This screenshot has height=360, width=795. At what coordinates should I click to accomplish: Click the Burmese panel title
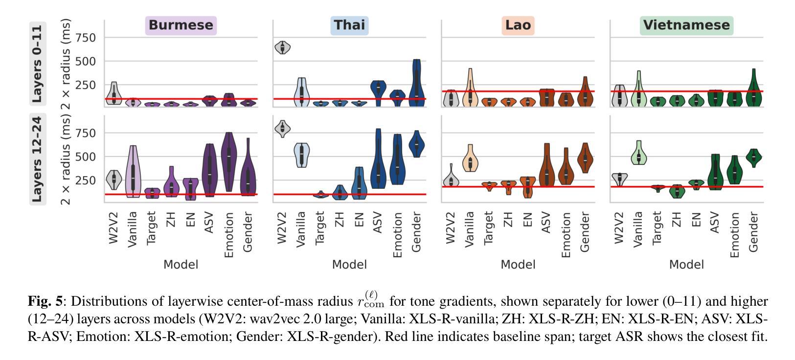click(181, 25)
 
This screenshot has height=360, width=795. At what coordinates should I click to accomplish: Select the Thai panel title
click(349, 25)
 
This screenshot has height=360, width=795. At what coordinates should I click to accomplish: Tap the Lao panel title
click(518, 25)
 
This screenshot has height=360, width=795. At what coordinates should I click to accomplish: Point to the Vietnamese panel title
click(686, 25)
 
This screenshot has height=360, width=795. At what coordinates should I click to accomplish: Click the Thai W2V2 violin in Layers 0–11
click(282, 47)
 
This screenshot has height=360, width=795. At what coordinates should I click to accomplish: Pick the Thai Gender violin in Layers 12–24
click(417, 144)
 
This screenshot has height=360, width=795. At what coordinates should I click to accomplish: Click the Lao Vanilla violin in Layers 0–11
click(470, 93)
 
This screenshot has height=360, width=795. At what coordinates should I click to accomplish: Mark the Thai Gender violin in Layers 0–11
click(416, 83)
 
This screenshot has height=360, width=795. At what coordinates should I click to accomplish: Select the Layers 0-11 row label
click(38, 64)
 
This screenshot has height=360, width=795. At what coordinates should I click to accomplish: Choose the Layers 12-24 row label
click(38, 159)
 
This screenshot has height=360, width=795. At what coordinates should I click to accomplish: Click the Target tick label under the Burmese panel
click(152, 227)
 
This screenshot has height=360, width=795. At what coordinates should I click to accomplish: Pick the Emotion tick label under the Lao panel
click(566, 234)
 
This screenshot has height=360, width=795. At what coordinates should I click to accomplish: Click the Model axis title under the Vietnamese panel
click(686, 265)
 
